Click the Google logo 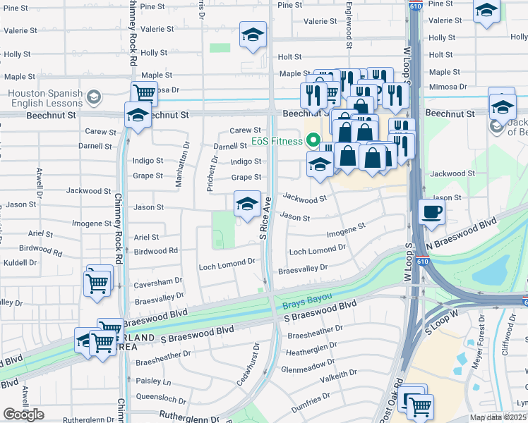tap(23, 415)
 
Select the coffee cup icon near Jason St tap(431, 211)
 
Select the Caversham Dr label tap(158, 281)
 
